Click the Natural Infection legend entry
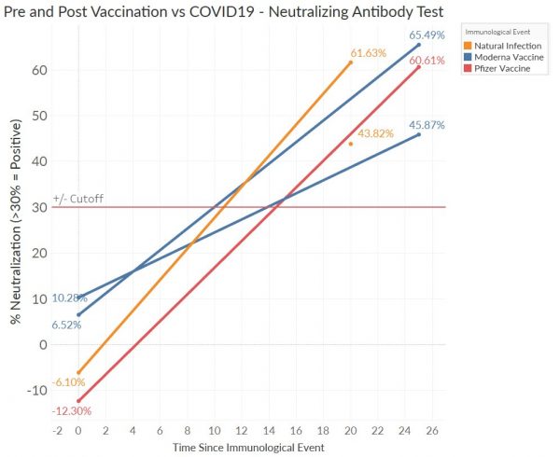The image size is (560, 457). click(507, 46)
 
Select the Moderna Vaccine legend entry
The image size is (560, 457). click(507, 58)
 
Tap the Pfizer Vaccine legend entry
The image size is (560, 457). click(503, 70)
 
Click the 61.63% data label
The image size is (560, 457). click(368, 53)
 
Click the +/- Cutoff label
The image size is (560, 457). click(78, 199)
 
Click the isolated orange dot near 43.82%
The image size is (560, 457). click(351, 144)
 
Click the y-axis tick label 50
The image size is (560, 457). click(37, 117)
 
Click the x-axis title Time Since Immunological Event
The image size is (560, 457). click(247, 450)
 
